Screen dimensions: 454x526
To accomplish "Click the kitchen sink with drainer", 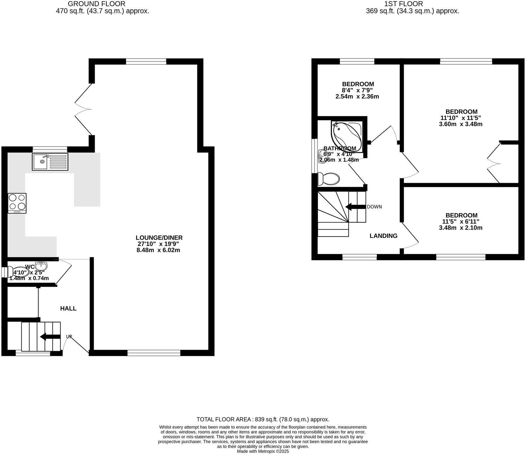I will [50, 162].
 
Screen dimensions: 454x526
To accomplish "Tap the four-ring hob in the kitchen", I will [17, 203].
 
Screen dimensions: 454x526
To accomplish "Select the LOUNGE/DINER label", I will [159, 238].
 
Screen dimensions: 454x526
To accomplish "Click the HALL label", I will [68, 308].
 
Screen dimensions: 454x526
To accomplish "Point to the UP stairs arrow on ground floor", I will [50, 337].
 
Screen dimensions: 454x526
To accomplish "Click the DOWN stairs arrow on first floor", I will [355, 207].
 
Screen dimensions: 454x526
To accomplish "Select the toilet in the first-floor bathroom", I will [329, 179].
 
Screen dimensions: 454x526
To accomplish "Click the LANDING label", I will [383, 236].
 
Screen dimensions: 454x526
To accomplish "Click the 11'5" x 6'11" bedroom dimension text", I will [461, 222].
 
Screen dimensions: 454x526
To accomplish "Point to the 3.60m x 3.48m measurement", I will [461, 124].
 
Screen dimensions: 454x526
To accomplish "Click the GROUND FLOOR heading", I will [96, 4].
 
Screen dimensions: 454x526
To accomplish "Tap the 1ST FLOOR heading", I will [403, 4].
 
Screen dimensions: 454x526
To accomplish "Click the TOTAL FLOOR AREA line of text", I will [263, 420].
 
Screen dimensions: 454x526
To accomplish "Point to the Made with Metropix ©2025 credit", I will [263, 452].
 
